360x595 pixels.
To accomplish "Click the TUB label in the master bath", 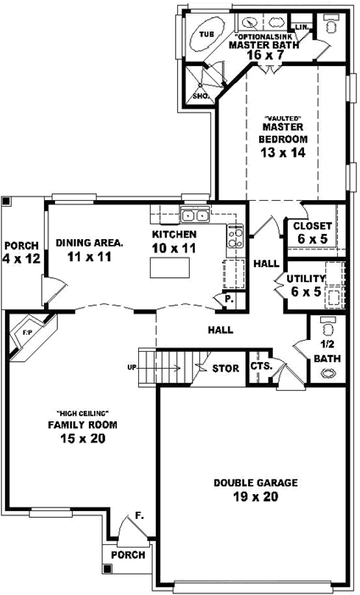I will click(x=206, y=36).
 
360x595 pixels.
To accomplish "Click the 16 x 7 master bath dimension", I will click(x=264, y=55).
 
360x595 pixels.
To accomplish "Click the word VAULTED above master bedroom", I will click(x=283, y=117).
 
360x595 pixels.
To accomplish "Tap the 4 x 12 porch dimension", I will click(x=21, y=259).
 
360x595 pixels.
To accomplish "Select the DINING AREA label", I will click(x=90, y=242).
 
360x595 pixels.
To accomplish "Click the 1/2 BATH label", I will click(x=327, y=353).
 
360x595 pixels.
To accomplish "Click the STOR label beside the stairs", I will click(x=224, y=368).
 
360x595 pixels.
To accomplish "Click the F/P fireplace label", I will click(x=27, y=332).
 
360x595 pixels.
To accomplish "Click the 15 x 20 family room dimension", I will click(x=82, y=438).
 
